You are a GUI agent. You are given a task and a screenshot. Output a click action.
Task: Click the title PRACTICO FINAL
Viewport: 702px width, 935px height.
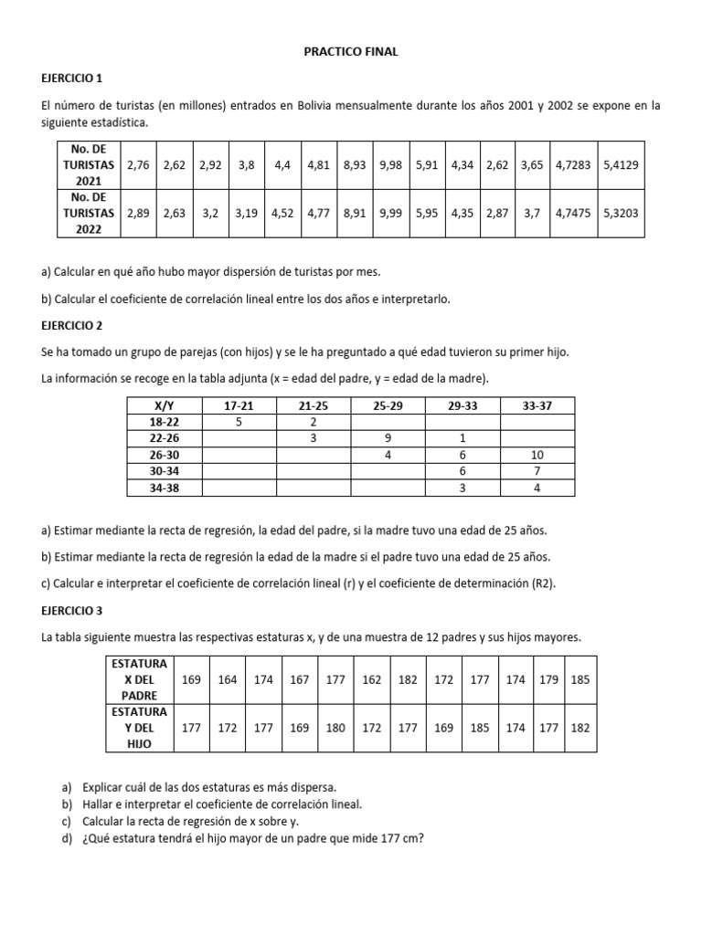[x=351, y=52]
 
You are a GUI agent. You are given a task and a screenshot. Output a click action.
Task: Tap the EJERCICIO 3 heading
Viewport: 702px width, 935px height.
[x=89, y=609]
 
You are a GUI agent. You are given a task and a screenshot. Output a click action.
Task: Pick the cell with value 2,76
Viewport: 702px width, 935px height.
[x=138, y=166]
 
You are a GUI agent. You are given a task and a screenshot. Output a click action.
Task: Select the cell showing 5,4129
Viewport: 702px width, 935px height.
[x=622, y=166]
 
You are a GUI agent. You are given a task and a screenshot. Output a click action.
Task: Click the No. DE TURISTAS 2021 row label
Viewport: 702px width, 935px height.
[x=86, y=165]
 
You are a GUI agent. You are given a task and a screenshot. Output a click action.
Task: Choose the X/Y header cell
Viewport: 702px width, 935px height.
[x=165, y=405]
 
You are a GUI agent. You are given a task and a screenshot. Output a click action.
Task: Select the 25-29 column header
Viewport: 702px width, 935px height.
[x=388, y=405]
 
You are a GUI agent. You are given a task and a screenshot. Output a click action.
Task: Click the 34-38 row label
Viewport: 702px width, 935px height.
[x=165, y=488]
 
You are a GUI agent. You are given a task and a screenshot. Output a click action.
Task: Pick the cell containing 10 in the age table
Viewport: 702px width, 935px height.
[x=537, y=455]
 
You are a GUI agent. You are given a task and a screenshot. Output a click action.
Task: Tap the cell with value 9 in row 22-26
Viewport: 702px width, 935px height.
[x=388, y=438]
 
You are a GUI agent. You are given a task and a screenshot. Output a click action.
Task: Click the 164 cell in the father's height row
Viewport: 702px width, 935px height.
[x=229, y=679]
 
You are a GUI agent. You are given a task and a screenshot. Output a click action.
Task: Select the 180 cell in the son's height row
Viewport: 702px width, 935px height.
[x=335, y=728]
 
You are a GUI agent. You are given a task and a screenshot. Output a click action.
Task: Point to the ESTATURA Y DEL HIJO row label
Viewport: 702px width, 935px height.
[x=139, y=728]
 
